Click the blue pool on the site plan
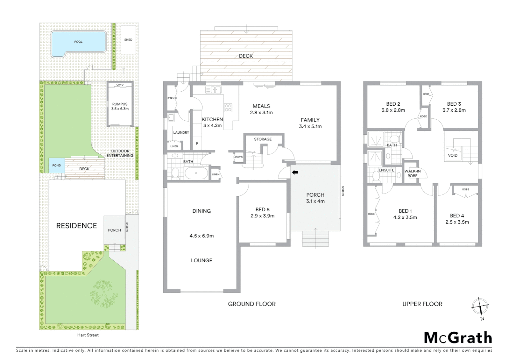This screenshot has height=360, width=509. coord(78,43)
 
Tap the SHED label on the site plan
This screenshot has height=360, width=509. coord(128,40)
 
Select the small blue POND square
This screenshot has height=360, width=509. coord(57,165)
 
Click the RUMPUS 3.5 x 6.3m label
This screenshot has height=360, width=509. coord(120,106)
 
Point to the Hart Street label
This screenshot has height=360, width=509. coord(88,335)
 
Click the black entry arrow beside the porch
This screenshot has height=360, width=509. coord(295,172)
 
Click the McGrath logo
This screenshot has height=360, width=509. coord(458,338)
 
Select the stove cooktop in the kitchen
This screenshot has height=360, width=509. coord(228,107)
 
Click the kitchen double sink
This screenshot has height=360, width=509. coord(214,89)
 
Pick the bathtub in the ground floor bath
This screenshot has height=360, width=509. coord(196,173)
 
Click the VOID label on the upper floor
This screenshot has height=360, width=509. coord(453,155)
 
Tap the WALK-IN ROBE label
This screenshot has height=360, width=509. coord(412,173)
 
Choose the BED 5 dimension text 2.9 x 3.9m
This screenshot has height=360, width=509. coord(262,216)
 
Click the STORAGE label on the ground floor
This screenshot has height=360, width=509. coord(263,139)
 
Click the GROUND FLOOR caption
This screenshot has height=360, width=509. coord(252,304)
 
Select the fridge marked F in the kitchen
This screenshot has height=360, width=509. coord(197,144)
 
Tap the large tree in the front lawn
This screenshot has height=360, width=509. coord(102,293)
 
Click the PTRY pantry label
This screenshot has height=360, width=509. coord(171,98)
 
